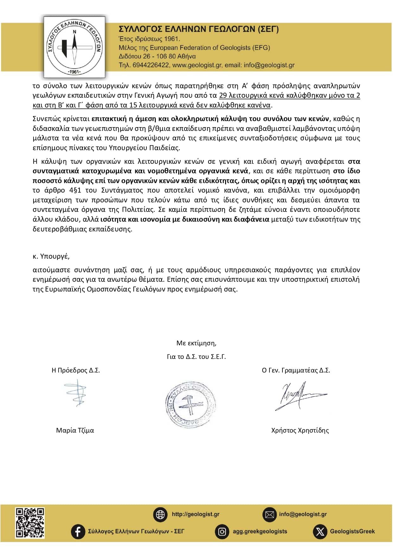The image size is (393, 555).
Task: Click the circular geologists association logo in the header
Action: coord(74,47)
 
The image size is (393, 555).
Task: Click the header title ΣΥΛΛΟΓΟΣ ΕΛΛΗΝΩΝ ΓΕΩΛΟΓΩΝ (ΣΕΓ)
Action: coord(199,29)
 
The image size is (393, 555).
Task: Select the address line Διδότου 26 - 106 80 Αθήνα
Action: coord(157,56)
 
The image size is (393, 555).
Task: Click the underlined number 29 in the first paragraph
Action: coord(223,95)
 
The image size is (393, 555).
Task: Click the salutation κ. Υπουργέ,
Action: coord(51,256)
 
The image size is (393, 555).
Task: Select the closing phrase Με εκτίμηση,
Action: coord(196,343)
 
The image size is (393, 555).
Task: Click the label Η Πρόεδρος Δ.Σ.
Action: coord(76,370)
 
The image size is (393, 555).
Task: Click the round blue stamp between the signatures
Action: coord(190,405)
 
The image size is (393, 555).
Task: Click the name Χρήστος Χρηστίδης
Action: coord(300,430)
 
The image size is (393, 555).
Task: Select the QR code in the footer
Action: coord(30,523)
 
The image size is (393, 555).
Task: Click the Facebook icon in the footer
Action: coord(78,531)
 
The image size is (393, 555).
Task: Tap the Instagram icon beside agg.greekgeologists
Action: coord(222,532)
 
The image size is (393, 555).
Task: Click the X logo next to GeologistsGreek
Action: coord(320,532)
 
